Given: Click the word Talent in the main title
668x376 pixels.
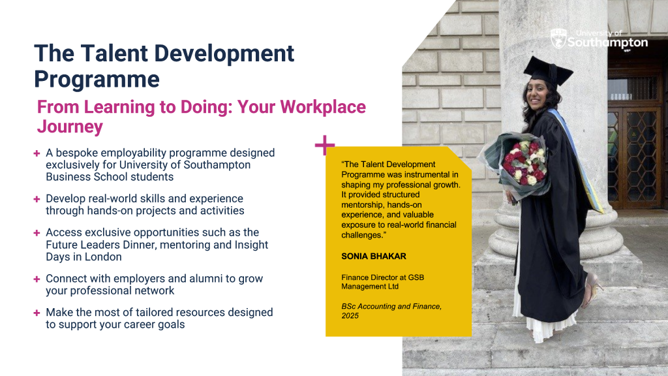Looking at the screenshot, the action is (114, 54).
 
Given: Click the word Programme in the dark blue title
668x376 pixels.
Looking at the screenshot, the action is (97, 80).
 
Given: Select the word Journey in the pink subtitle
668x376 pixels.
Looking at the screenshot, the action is (70, 127).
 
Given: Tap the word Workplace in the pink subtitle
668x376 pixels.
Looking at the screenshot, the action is (322, 106).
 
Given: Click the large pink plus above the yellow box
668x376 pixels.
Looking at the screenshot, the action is (325, 145).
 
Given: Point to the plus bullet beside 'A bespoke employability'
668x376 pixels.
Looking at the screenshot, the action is (37, 153).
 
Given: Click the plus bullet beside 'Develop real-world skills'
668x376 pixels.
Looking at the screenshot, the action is (37, 199).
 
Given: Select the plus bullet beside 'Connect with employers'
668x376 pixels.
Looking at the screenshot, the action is (37, 279).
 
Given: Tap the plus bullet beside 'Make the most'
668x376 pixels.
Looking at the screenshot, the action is (37, 313).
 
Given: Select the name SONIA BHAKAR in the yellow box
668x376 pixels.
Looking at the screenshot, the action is (374, 256).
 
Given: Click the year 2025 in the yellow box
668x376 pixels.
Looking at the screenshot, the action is (350, 316).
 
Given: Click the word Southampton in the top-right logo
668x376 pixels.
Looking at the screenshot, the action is (607, 42).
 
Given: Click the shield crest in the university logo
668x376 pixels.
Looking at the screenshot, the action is (558, 39).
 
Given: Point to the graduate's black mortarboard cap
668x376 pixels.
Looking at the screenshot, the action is (548, 72).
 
